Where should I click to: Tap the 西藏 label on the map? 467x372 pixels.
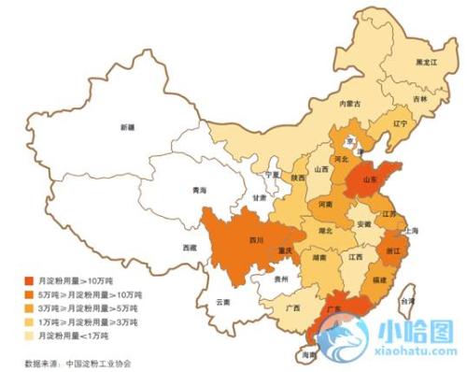tap(191, 247)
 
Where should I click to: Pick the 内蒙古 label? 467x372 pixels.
tap(349, 104)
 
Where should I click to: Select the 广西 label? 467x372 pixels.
tap(292, 307)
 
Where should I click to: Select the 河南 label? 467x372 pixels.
tap(325, 203)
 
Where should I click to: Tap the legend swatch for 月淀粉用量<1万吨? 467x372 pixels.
tap(28, 334)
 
